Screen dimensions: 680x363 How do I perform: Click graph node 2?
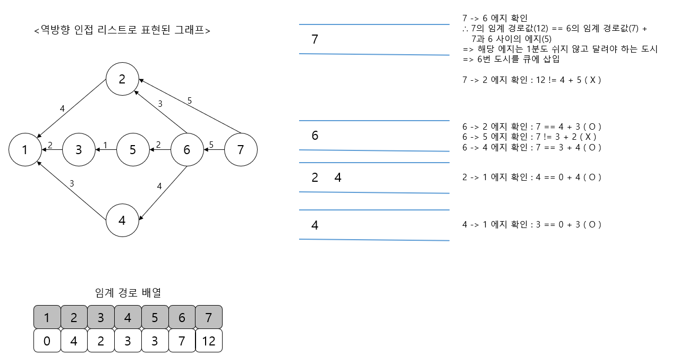[122, 79]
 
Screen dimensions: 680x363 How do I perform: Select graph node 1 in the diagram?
[25, 150]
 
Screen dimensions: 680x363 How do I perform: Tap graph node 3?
[79, 150]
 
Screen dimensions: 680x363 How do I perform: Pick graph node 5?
[133, 150]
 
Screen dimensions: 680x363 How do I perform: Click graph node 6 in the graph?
[186, 150]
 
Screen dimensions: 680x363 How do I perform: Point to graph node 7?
[241, 150]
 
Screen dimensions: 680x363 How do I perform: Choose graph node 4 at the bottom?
[122, 220]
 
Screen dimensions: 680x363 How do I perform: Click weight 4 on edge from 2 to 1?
[62, 109]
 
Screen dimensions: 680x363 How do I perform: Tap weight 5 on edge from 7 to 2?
[190, 100]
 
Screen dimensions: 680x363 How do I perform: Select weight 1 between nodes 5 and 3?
[105, 145]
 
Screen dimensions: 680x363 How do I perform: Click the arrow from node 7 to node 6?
[214, 150]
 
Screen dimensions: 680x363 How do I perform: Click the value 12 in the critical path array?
[209, 341]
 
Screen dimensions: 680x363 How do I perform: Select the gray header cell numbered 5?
[155, 318]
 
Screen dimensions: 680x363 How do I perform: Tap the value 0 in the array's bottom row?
[47, 341]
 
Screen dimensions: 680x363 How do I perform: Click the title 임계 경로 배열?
[127, 292]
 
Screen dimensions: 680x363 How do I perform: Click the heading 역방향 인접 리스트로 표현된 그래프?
[122, 30]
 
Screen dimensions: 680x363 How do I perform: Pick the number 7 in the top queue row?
[314, 39]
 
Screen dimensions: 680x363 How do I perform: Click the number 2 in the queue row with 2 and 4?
[314, 178]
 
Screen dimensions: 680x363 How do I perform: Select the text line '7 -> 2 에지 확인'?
[531, 80]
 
